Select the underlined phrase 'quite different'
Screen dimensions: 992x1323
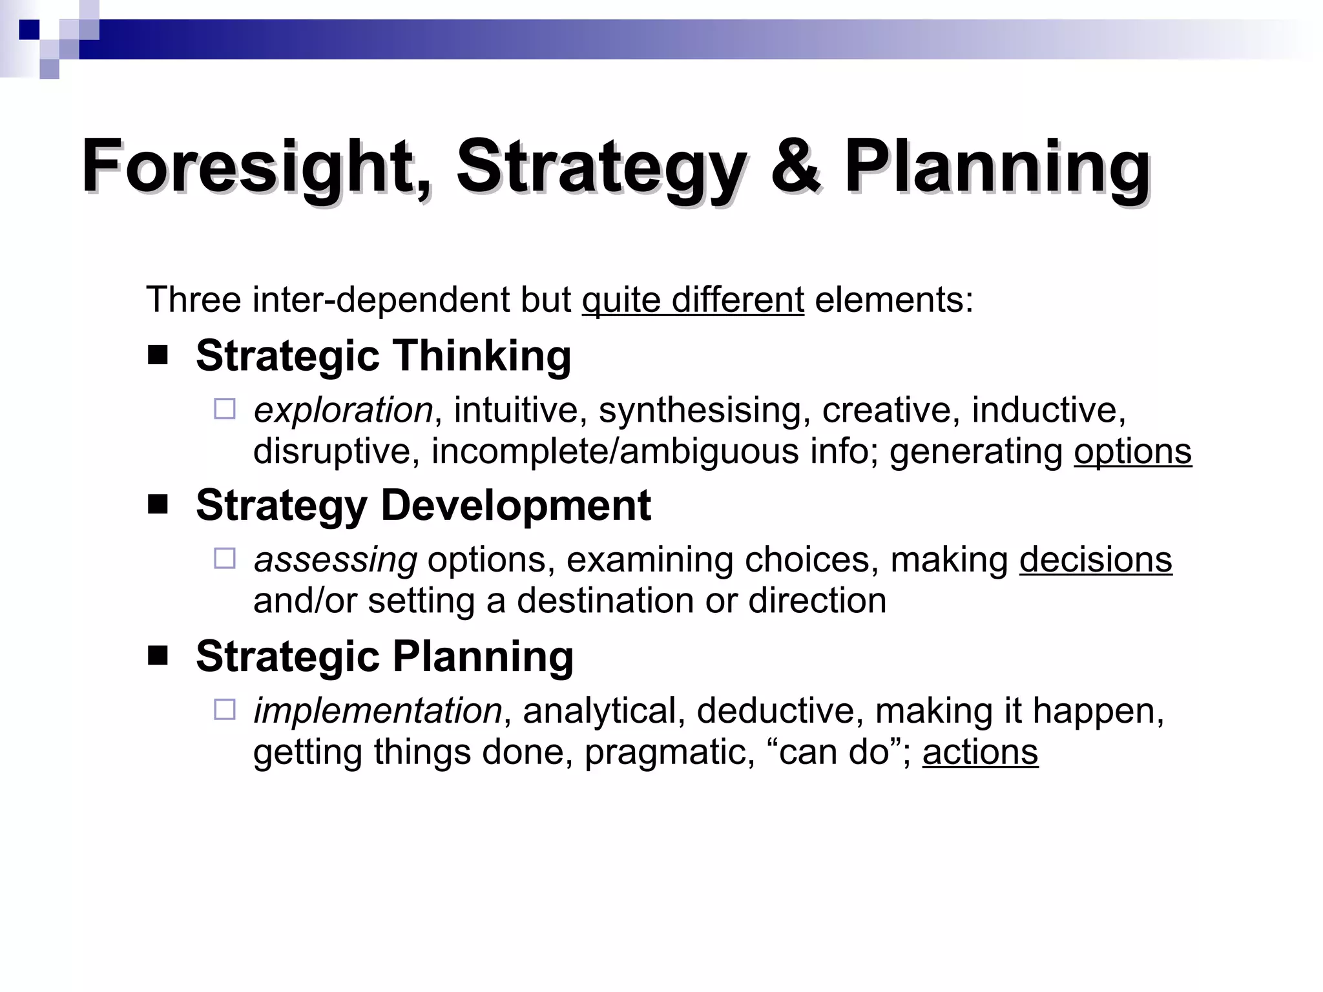[693, 300]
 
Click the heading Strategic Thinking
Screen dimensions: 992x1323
[383, 356]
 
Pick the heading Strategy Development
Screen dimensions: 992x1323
[423, 505]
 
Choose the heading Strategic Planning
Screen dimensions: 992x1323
[384, 656]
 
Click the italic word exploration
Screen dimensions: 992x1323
[343, 411]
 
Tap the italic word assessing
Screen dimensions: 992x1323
[335, 560]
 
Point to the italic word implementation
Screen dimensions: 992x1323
[377, 711]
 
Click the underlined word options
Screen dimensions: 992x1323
[1132, 451]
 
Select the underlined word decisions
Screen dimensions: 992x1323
[1096, 560]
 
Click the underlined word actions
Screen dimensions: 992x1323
[980, 752]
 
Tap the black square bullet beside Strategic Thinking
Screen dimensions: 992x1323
[158, 355]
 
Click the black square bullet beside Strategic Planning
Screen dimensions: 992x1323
[158, 656]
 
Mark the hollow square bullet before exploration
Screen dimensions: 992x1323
[225, 409]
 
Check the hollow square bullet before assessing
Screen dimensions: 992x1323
[225, 558]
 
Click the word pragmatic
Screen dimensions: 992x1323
[669, 752]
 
